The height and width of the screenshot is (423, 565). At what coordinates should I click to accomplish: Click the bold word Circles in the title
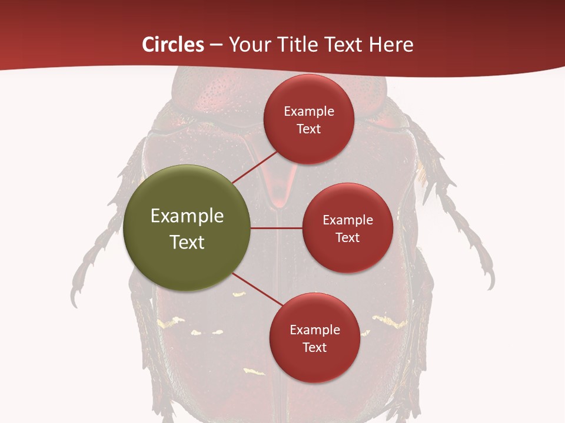173,45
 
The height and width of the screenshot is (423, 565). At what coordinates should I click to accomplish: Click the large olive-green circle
187,228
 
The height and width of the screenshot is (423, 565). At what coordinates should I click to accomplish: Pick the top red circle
308,120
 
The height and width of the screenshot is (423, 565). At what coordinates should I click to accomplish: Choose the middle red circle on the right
347,228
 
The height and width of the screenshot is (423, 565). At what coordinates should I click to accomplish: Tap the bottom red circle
314,338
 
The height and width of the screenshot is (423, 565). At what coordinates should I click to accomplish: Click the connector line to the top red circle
256,167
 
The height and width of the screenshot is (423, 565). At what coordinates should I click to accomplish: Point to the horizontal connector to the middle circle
277,228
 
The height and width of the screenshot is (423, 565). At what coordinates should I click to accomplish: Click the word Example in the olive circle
187,216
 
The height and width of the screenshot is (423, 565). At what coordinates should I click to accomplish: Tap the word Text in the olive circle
187,242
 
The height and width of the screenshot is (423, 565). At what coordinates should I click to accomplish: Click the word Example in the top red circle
308,112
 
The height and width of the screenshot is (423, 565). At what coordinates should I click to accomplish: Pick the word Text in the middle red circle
347,238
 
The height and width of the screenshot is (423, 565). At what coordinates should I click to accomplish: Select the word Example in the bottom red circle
314,330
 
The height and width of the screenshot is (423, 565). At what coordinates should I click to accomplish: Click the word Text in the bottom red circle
314,348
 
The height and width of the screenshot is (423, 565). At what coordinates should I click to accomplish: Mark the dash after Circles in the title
215,45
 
